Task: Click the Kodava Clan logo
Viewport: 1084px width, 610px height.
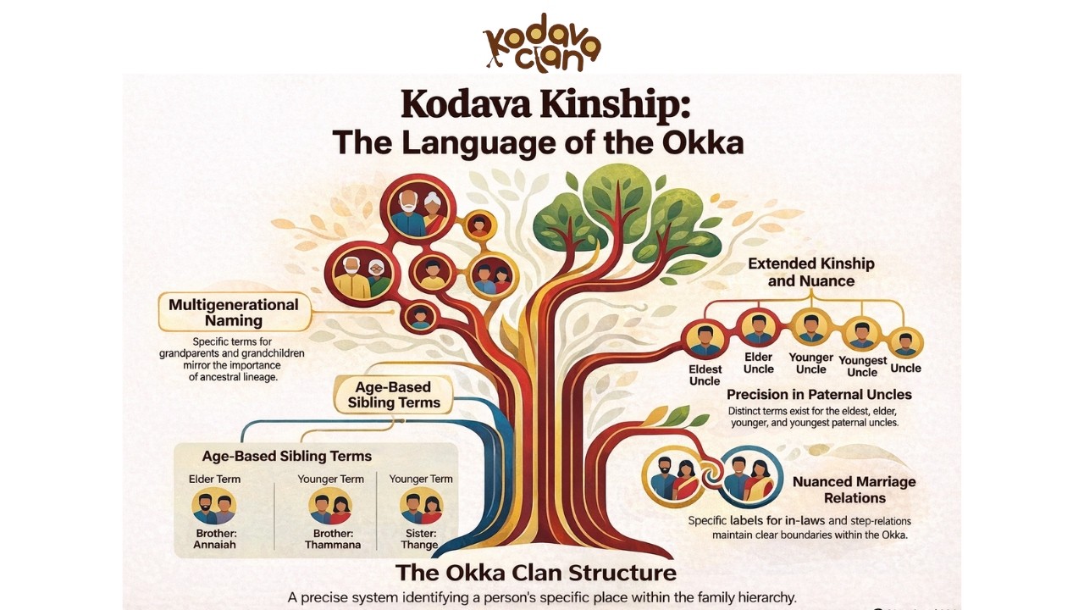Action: [542, 43]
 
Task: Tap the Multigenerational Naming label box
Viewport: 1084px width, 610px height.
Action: [235, 313]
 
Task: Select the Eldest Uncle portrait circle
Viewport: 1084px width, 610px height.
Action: [705, 340]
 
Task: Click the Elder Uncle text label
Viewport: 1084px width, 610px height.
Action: [758, 363]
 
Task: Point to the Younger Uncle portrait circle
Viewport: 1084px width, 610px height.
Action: [811, 328]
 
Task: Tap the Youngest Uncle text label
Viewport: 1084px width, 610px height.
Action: [862, 367]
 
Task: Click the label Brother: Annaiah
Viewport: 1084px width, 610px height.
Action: [214, 539]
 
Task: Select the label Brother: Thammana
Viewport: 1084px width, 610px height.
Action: [333, 539]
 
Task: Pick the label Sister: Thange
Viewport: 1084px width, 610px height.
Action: [420, 539]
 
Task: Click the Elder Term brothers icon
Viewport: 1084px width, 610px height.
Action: [214, 507]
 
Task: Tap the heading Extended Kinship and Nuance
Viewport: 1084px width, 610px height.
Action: [811, 272]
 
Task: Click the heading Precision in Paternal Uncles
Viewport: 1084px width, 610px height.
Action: [819, 395]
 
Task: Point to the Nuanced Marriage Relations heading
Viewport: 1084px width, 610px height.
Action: [854, 490]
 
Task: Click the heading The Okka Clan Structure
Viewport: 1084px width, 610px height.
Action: [536, 573]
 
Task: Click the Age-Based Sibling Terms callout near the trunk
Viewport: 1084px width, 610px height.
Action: [394, 395]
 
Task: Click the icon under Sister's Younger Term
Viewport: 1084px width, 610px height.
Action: [421, 507]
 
